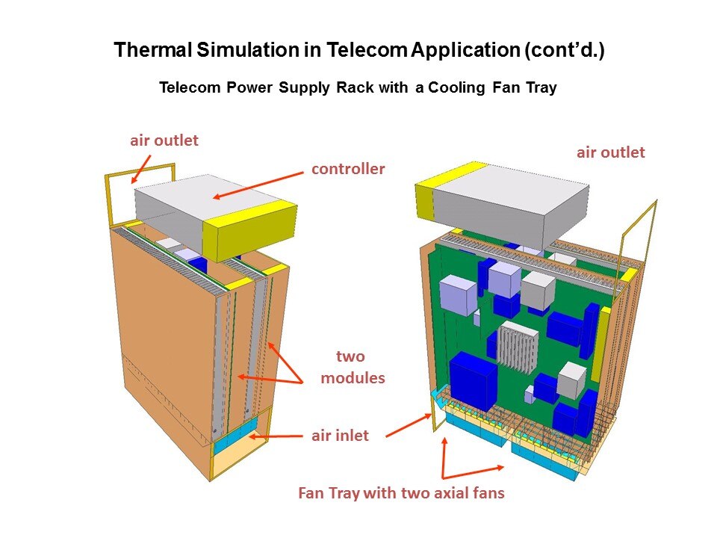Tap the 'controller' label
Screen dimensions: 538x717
[x=348, y=169]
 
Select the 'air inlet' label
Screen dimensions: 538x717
[x=340, y=435]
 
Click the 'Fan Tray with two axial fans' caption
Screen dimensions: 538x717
[x=401, y=493]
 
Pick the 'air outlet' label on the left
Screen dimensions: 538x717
[x=164, y=140]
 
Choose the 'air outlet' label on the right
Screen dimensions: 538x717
[x=610, y=152]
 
